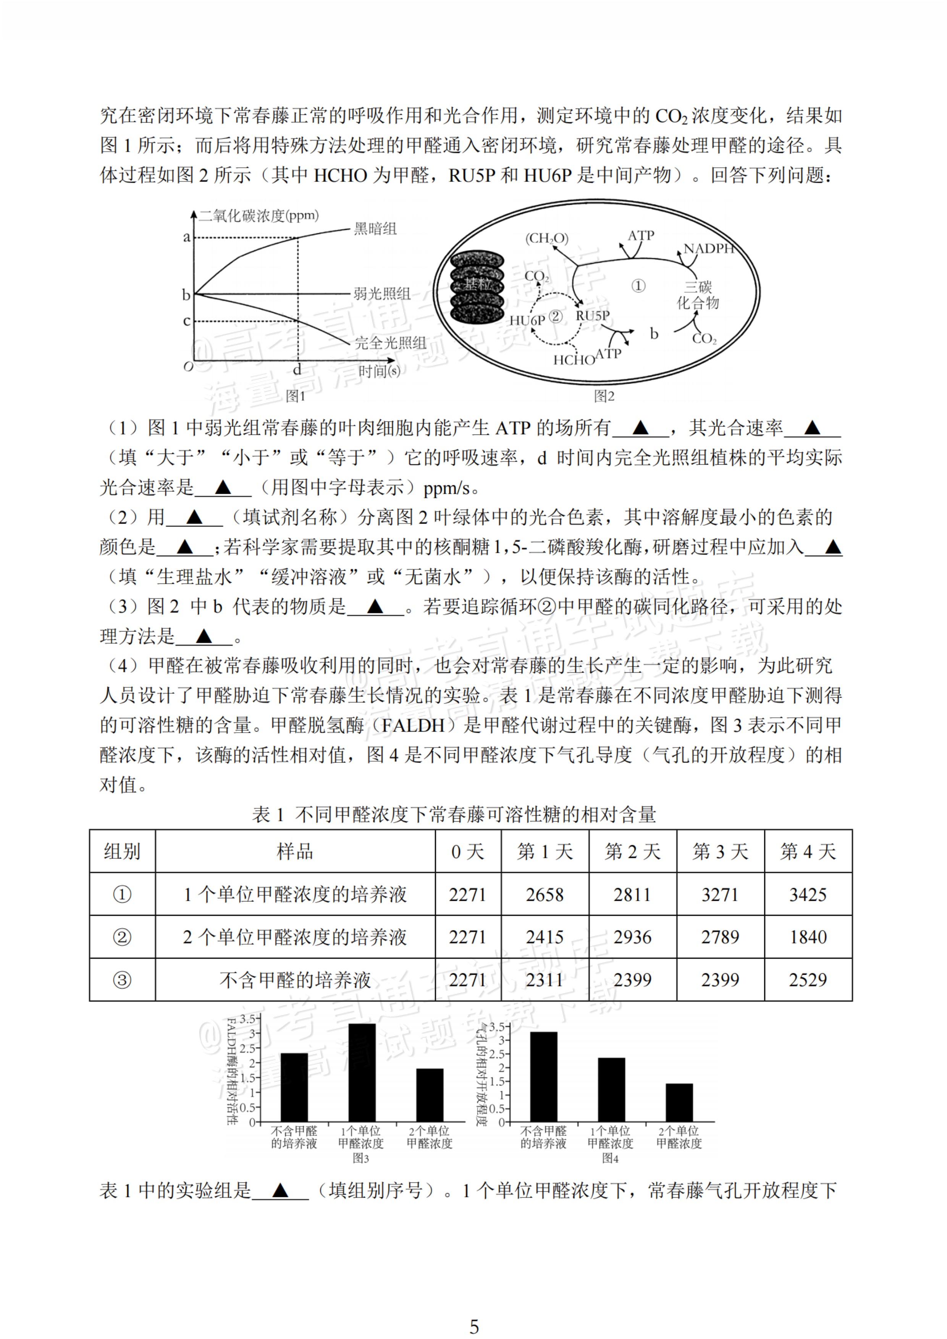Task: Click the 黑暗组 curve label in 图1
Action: point(375,229)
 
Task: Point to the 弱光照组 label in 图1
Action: point(382,294)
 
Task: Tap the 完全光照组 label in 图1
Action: point(390,343)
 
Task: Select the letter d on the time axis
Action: point(297,370)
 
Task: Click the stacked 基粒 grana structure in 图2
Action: point(477,287)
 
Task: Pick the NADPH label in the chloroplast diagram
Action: point(708,249)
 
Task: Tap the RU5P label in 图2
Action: point(593,315)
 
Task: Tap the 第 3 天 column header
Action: point(720,851)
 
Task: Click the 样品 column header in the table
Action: point(295,851)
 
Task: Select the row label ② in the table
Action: point(122,937)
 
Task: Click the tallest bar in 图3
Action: point(362,1073)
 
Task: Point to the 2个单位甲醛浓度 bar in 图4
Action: point(679,1103)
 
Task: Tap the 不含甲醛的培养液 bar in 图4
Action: point(543,1077)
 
